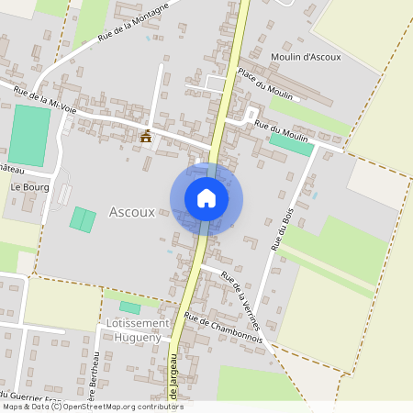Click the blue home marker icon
[x=206, y=198]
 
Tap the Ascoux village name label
[x=132, y=212]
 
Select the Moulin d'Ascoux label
[x=306, y=57]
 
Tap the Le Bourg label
[x=28, y=186]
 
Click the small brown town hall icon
[x=146, y=137]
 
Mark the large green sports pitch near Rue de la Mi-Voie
[x=31, y=135]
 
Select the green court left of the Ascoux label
[x=83, y=219]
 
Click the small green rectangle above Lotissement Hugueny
[x=130, y=307]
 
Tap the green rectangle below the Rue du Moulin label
[x=292, y=144]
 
